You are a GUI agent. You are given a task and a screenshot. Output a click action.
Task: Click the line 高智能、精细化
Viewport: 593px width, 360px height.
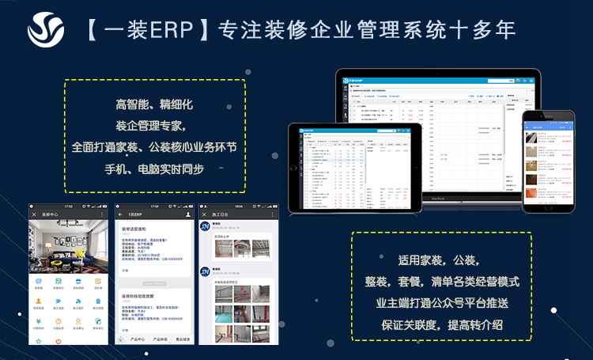click(x=154, y=104)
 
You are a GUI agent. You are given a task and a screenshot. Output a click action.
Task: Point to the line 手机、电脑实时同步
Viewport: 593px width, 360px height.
click(x=154, y=169)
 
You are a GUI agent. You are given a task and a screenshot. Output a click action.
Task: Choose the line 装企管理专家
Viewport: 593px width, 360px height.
click(x=154, y=126)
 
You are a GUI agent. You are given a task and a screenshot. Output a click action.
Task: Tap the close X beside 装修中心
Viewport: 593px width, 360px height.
click(x=34, y=214)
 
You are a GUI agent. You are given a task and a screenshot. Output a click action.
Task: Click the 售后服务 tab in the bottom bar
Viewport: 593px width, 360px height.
click(x=181, y=339)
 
